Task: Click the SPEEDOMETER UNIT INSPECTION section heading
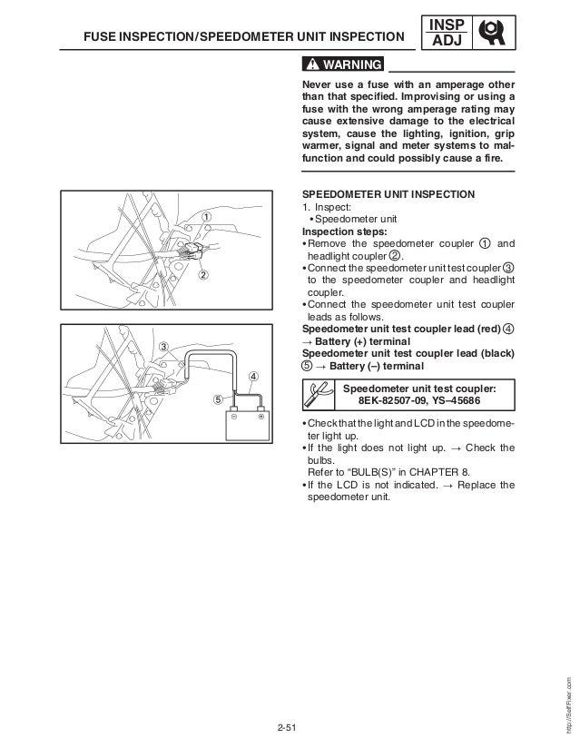pos(388,194)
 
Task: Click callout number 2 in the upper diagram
pos(205,276)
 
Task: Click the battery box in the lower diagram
pos(246,434)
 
